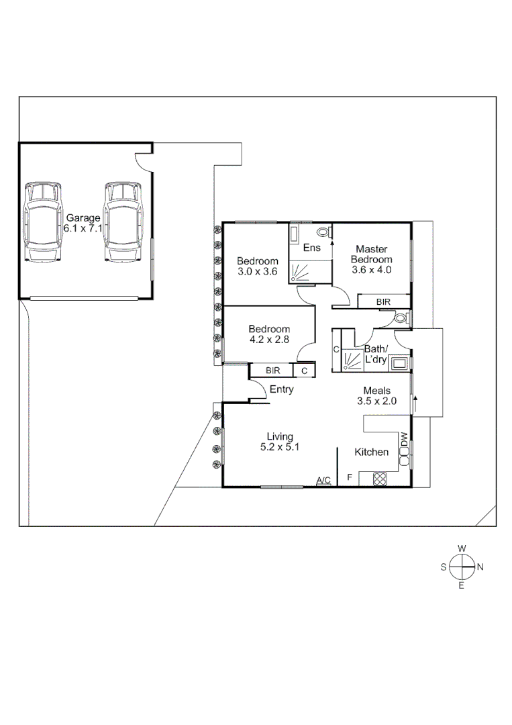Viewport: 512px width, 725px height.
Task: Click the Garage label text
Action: pyautogui.click(x=82, y=223)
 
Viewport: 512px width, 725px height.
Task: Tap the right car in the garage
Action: pyautogui.click(x=123, y=222)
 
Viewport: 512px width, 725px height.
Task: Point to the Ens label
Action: pyautogui.click(x=311, y=248)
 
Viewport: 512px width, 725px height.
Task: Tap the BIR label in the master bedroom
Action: pyautogui.click(x=383, y=303)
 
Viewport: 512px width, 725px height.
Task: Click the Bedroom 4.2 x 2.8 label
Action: pyautogui.click(x=269, y=334)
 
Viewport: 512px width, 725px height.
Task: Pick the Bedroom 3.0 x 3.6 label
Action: pyautogui.click(x=258, y=266)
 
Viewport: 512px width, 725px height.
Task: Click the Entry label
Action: pyautogui.click(x=281, y=389)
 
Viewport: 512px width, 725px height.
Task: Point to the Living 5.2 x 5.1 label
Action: pyautogui.click(x=280, y=442)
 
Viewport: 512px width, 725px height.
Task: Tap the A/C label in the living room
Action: pyautogui.click(x=323, y=480)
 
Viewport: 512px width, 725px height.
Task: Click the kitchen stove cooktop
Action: pyautogui.click(x=380, y=479)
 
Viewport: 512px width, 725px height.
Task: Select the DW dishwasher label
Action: pyautogui.click(x=404, y=440)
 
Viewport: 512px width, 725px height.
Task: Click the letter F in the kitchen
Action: pyautogui.click(x=349, y=478)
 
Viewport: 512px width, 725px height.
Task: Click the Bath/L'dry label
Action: pyautogui.click(x=375, y=354)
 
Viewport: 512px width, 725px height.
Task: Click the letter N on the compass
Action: pyautogui.click(x=480, y=567)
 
